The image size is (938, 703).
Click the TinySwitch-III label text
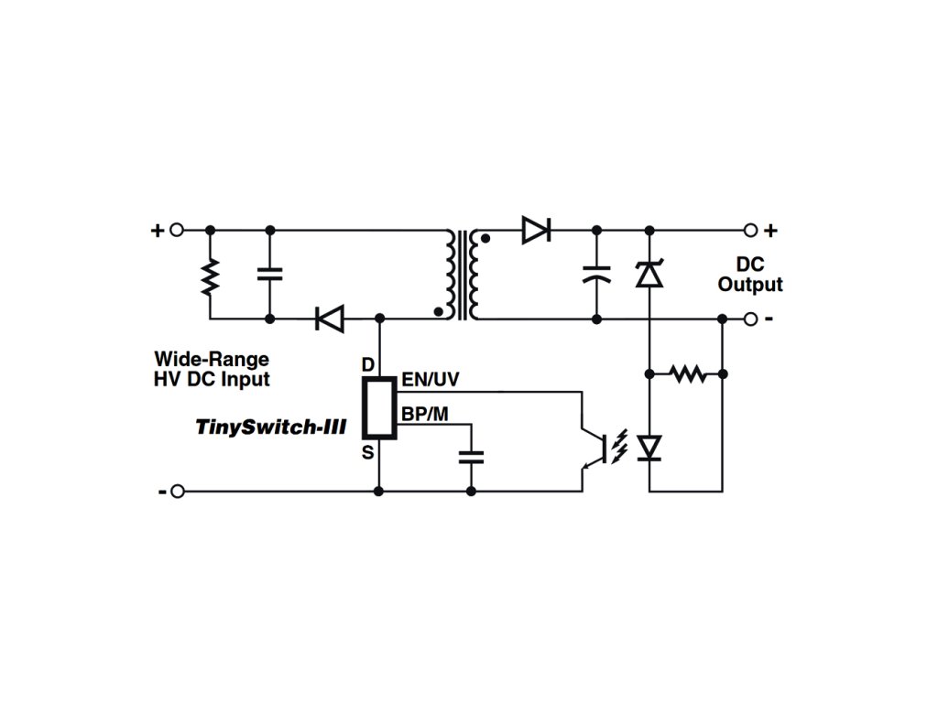[270, 426]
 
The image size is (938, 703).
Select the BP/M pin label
[425, 414]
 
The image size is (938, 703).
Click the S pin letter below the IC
[368, 450]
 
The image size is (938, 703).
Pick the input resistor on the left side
[210, 276]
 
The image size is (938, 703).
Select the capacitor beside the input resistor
[270, 274]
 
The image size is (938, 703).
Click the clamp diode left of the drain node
[329, 319]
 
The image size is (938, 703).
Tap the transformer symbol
[463, 274]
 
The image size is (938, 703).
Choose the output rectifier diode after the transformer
[535, 230]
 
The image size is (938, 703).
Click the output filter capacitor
[597, 274]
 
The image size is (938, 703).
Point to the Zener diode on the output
[649, 273]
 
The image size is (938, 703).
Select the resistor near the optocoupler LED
[686, 373]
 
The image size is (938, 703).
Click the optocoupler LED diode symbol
[649, 447]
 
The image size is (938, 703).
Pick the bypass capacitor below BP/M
[472, 457]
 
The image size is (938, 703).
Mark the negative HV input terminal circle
[178, 492]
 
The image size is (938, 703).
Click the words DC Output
[749, 275]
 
